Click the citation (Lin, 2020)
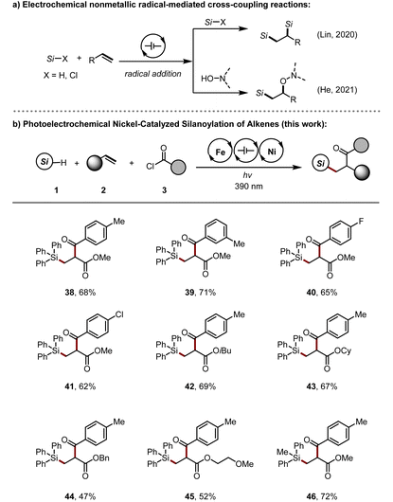coord(337,35)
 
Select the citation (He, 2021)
coord(337,90)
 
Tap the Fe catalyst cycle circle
coord(221,151)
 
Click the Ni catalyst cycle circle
coord(272,151)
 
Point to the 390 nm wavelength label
coord(248,186)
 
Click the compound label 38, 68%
coord(80,292)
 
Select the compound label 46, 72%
coord(322,496)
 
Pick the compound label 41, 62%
coord(80,386)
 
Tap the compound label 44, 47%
coord(80,496)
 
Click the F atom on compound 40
coord(361,222)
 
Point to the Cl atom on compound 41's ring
coord(118,315)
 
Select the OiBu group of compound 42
coord(223,351)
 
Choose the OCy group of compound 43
coord(343,351)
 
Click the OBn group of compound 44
coord(100,458)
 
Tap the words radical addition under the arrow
coord(152,74)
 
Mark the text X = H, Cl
coord(61,76)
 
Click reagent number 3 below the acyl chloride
coord(164,190)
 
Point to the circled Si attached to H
coord(45,162)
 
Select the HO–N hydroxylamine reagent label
coord(212,79)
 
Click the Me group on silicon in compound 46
coord(283,452)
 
